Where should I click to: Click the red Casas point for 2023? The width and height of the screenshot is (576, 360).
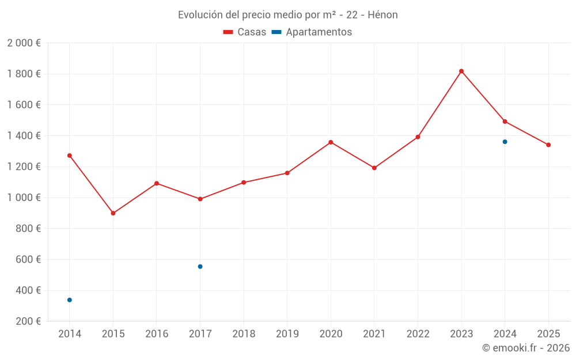click(x=461, y=71)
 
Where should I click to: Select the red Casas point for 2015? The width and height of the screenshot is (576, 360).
click(x=113, y=213)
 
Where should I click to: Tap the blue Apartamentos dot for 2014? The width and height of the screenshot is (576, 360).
click(x=70, y=300)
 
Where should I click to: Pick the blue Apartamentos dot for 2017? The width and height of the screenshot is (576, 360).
click(x=200, y=267)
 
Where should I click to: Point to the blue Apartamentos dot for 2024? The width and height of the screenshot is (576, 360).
click(x=505, y=142)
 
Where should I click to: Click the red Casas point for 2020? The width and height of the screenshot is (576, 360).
click(x=331, y=142)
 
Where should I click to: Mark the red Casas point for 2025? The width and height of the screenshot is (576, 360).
click(x=548, y=145)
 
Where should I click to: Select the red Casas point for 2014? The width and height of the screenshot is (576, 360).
click(x=70, y=156)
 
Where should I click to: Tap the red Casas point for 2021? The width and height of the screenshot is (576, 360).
click(x=374, y=168)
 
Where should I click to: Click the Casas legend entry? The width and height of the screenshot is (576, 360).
click(x=245, y=32)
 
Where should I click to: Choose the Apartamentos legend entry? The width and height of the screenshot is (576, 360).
click(x=312, y=32)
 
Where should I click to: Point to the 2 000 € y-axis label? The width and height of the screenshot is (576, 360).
click(x=24, y=43)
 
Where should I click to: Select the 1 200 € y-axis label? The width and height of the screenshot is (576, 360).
click(x=24, y=167)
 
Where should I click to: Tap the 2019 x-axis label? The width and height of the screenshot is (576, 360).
click(x=287, y=334)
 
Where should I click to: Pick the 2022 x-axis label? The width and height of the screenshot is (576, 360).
click(x=418, y=334)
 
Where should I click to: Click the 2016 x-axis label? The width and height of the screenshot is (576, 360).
click(x=157, y=334)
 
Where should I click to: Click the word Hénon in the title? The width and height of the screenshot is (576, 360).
click(x=382, y=15)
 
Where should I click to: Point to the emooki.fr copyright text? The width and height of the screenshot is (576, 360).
click(x=526, y=348)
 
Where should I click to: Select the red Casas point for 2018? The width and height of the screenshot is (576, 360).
click(x=244, y=183)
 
